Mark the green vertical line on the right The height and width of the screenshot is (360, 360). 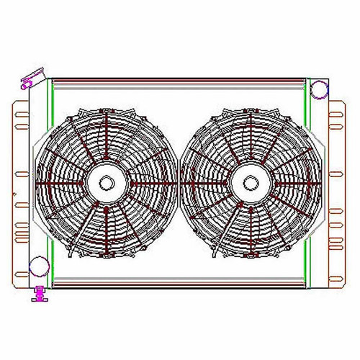coord(308,180)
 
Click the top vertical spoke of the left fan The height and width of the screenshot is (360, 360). coord(106,140)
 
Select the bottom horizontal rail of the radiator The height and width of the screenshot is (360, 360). coord(180,282)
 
